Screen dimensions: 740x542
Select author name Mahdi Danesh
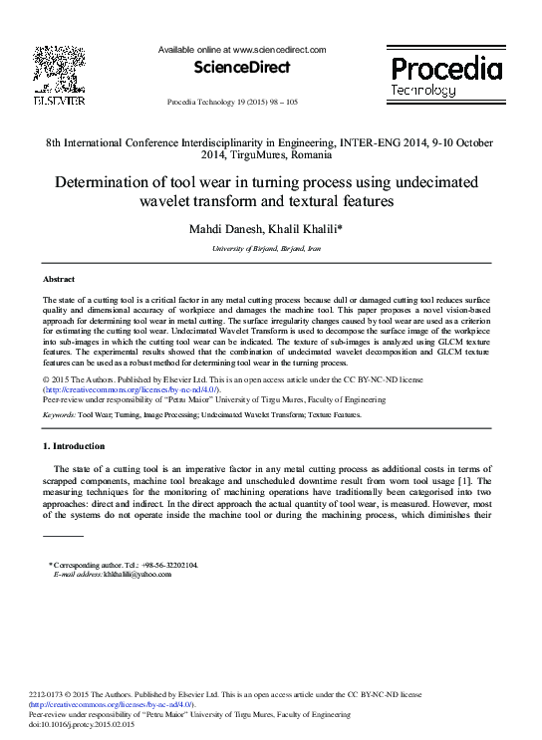pos(230,230)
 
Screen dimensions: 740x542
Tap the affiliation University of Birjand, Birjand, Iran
pos(272,248)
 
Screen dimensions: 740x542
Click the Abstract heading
pos(59,279)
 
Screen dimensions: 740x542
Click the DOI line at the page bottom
pos(80,724)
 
